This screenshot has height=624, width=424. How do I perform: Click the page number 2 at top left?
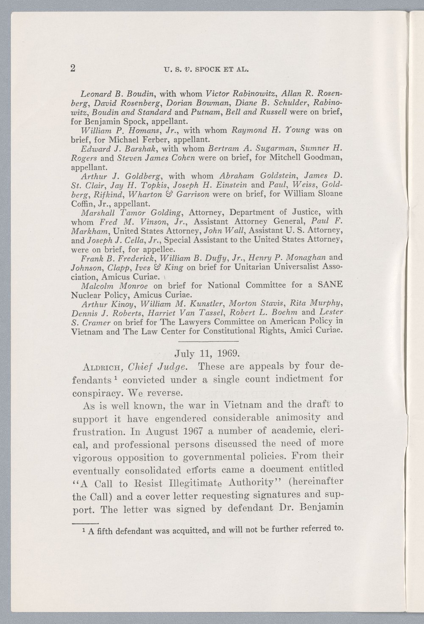coord(73,69)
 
